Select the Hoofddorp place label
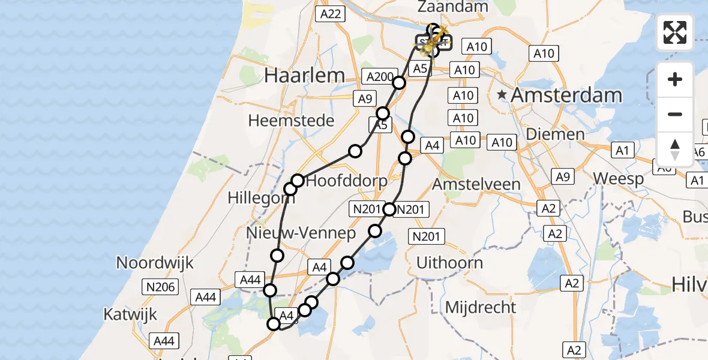pyautogui.click(x=347, y=182)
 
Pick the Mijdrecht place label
pyautogui.click(x=481, y=308)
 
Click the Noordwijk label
pyautogui.click(x=155, y=262)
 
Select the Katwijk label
pyautogui.click(x=130, y=314)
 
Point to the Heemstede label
pyautogui.click(x=291, y=121)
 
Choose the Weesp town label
pyautogui.click(x=619, y=178)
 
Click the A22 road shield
pyautogui.click(x=330, y=14)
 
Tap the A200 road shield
pyautogui.click(x=379, y=77)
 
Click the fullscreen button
pyautogui.click(x=675, y=32)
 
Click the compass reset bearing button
pyautogui.click(x=675, y=149)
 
